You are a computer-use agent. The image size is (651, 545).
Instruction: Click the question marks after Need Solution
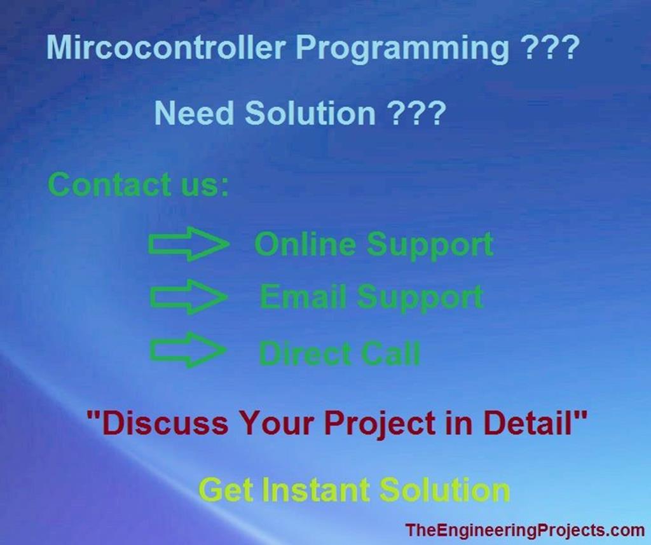(416, 114)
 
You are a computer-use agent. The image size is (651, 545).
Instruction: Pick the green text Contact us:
(138, 185)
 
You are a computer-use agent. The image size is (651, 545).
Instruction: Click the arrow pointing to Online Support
(188, 244)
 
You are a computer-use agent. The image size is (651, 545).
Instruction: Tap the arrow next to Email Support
(188, 298)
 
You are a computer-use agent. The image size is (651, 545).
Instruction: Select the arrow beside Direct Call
(188, 350)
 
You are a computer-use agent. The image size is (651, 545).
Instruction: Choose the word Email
(303, 297)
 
